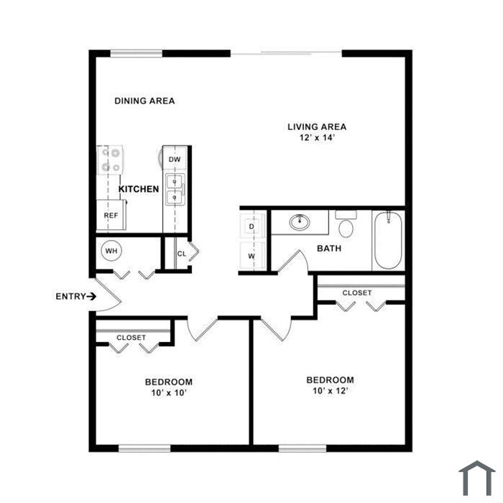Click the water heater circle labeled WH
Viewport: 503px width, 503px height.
(x=111, y=251)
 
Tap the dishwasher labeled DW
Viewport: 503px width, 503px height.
(x=175, y=158)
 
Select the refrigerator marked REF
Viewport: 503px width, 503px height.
(x=111, y=215)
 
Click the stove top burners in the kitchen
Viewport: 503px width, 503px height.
(x=111, y=160)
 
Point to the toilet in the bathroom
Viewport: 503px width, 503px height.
(x=346, y=223)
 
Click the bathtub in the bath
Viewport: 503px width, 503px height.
(x=388, y=240)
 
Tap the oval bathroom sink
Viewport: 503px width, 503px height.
(x=300, y=222)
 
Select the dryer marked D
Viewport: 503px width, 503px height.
(x=251, y=226)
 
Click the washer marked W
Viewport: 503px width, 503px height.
(x=251, y=255)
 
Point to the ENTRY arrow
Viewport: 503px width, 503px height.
(x=91, y=296)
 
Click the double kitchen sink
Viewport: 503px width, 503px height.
(x=175, y=189)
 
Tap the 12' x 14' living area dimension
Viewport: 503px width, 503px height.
(x=317, y=138)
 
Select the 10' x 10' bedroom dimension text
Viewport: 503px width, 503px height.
(x=169, y=392)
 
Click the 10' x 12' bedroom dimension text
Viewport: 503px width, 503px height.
(x=331, y=391)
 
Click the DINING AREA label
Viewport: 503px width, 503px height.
(x=144, y=101)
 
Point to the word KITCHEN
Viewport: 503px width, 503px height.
(x=139, y=189)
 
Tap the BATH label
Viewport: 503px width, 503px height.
(x=329, y=249)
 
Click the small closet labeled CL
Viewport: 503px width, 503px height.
(x=182, y=254)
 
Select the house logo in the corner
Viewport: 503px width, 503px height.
(x=477, y=478)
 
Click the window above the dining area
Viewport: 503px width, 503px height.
(x=137, y=53)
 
